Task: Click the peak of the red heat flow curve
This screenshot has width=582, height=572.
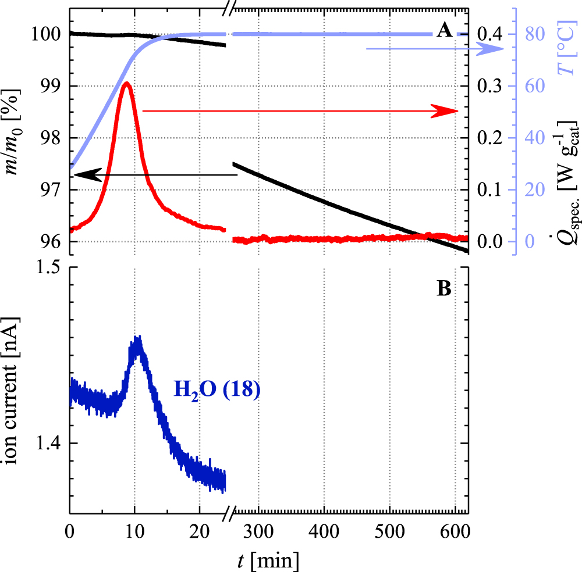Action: coord(126,84)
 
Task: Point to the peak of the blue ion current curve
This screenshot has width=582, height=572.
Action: coord(137,340)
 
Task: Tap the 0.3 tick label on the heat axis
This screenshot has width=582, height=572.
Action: coord(488,86)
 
